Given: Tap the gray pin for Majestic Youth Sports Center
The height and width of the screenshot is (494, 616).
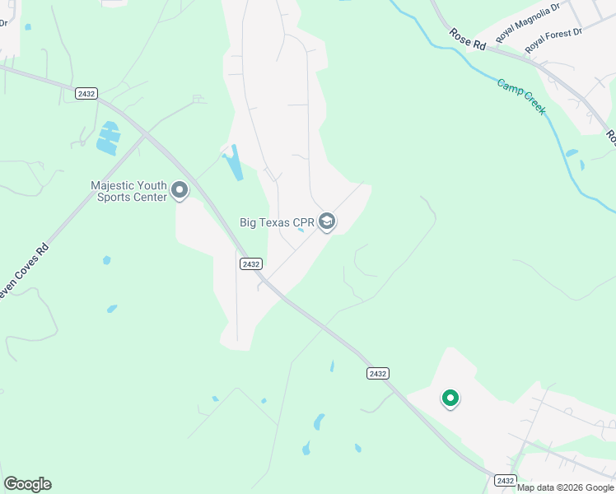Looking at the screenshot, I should pyautogui.click(x=180, y=192).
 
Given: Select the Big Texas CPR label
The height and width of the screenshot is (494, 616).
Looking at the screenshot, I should pyautogui.click(x=277, y=221).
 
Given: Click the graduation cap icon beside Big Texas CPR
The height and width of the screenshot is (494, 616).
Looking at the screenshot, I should pyautogui.click(x=327, y=221).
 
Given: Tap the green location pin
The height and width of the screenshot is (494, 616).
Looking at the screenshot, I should pyautogui.click(x=450, y=399).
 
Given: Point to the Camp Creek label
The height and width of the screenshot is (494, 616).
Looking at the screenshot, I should pyautogui.click(x=520, y=96).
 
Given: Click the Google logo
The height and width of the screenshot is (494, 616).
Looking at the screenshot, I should pyautogui.click(x=27, y=484).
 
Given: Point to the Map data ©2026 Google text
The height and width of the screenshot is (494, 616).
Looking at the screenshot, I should pyautogui.click(x=565, y=487).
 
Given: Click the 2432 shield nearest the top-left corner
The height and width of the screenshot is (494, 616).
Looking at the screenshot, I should pyautogui.click(x=86, y=94).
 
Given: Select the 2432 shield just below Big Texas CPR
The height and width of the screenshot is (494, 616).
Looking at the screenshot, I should pyautogui.click(x=251, y=263).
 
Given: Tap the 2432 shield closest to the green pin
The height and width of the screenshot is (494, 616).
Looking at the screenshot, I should pyautogui.click(x=377, y=373).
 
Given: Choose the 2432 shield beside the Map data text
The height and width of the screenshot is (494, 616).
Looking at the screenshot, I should pyautogui.click(x=505, y=480).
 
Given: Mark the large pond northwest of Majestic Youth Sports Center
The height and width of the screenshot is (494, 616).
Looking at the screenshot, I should pyautogui.click(x=108, y=138).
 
